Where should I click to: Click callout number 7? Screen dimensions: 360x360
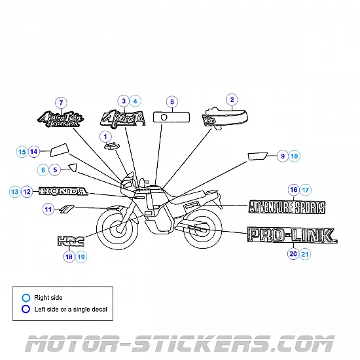61,103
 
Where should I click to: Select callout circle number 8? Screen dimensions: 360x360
171,102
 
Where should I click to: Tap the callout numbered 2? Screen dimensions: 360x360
231,99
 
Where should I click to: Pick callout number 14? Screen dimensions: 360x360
34,152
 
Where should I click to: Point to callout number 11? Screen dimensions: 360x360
48,209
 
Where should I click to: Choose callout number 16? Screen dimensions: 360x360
293,190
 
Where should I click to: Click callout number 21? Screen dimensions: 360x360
306,253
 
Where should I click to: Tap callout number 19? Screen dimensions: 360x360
81,257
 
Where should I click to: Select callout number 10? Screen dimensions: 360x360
294,156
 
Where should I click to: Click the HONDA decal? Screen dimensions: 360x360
63,192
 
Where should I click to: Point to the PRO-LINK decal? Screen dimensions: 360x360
291,236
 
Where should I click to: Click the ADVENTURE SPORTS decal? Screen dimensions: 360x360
286,207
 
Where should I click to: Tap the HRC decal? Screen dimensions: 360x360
71,241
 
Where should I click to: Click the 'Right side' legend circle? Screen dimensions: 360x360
26,298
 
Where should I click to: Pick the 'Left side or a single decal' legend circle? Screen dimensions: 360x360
26,309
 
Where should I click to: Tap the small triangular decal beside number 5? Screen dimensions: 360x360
73,169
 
